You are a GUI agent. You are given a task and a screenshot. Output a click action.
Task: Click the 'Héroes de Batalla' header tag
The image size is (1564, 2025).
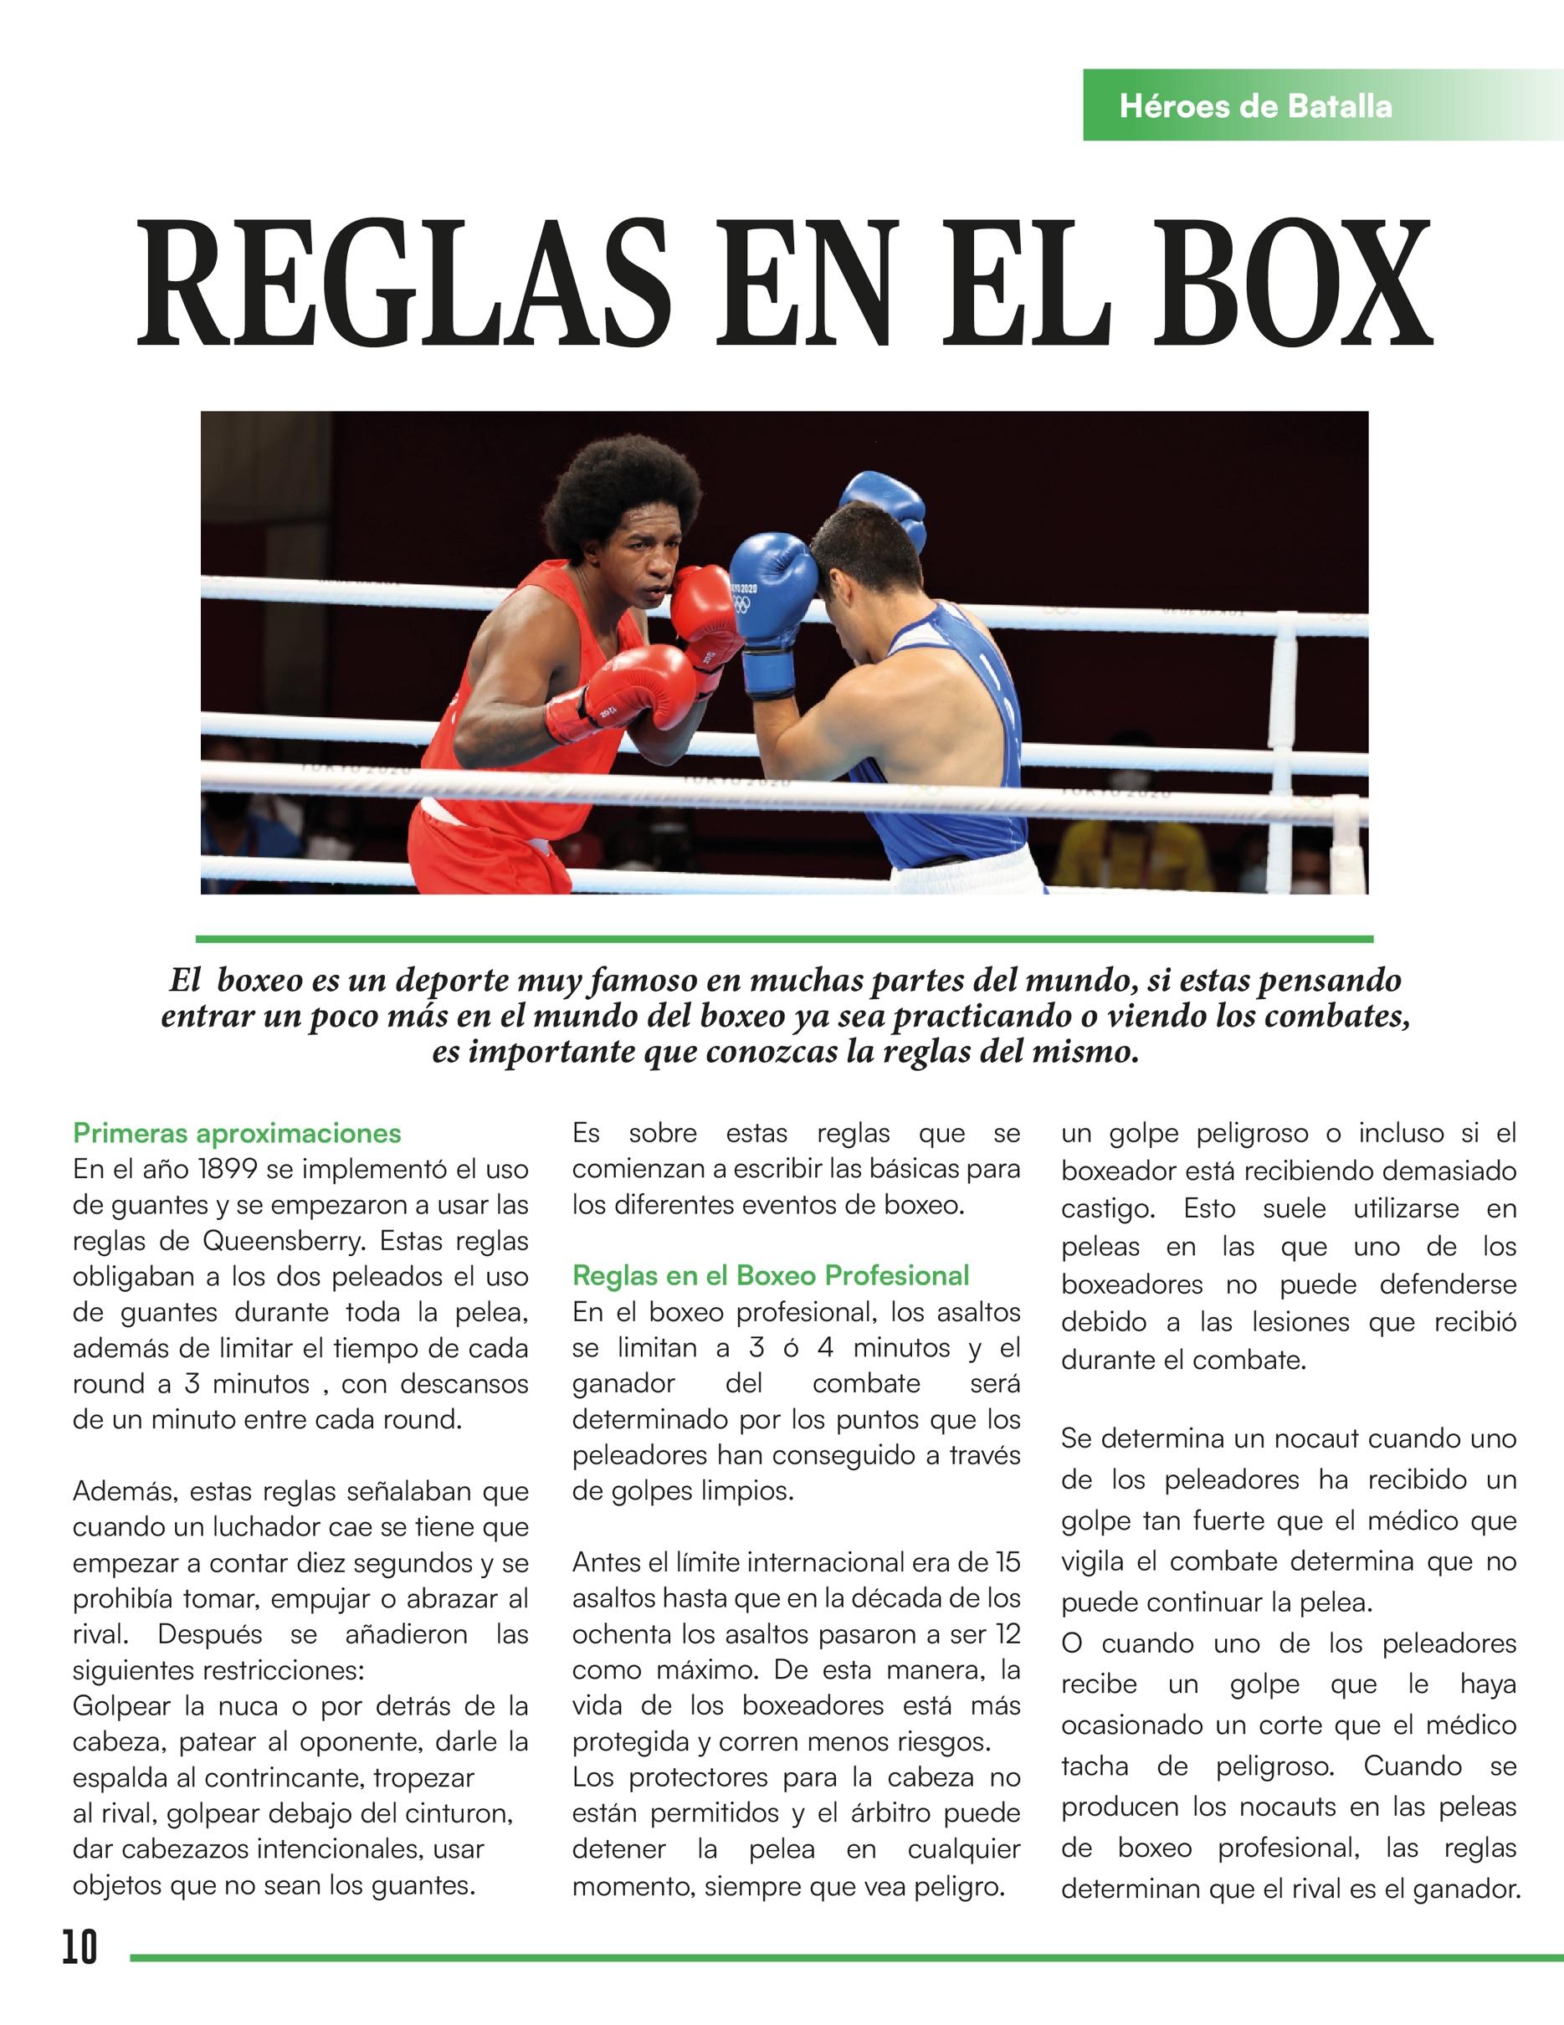coord(1255,106)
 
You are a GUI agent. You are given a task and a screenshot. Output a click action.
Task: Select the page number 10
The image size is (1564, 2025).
coord(79,1946)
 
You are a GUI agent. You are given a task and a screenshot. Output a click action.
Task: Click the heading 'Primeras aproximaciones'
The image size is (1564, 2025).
coord(238,1133)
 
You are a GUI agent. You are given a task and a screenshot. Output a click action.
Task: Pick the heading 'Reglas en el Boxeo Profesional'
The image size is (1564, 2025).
coord(771,1276)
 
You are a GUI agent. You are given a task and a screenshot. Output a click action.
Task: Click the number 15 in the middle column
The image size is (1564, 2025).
coord(1008,1562)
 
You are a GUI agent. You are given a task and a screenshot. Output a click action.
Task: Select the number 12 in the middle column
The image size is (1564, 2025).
coord(1008,1633)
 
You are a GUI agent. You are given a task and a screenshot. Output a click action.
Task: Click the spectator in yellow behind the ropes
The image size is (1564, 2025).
coord(1136,848)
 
